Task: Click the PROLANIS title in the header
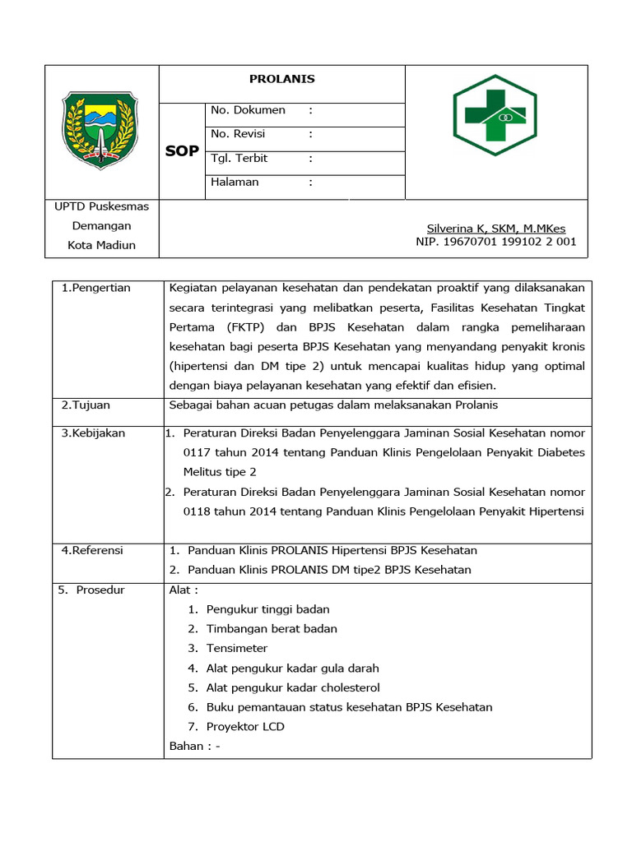coord(281,80)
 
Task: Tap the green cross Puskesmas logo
coord(495,115)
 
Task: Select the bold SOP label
coord(182,151)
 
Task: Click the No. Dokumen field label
coord(248,110)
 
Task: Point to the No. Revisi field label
coord(238,134)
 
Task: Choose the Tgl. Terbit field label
coord(239,158)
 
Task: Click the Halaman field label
coord(235,182)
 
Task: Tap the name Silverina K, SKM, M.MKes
coord(495,229)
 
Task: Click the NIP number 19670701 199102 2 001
coord(495,242)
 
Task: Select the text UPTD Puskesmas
coord(101,206)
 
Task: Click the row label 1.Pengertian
coord(96,288)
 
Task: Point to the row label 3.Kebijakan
coord(93,433)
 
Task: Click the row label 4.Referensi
coord(92,550)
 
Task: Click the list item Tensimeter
coord(236,649)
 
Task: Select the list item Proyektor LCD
coord(245,727)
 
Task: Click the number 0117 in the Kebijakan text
coord(198,452)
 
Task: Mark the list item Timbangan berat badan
coord(272,629)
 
